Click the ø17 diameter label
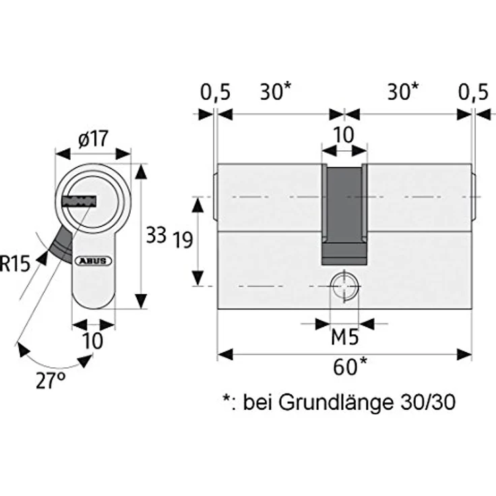point(93,139)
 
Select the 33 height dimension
point(156,235)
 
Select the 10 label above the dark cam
point(343,135)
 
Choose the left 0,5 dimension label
point(215,93)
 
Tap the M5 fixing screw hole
point(344,286)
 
